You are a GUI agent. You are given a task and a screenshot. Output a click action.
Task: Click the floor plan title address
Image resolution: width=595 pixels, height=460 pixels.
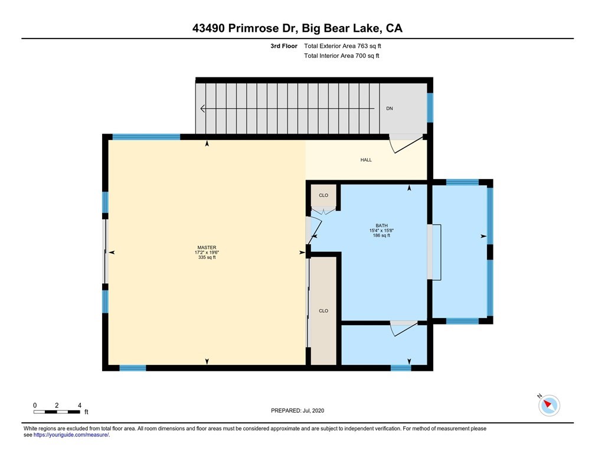coord(297,28)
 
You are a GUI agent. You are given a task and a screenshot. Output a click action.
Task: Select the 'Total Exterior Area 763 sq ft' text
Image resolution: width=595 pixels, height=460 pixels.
coord(346,46)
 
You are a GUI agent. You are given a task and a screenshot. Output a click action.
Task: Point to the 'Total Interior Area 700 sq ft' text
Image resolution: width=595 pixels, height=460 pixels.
coord(341,56)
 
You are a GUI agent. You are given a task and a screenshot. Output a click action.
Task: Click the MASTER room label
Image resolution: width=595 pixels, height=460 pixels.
coord(207,248)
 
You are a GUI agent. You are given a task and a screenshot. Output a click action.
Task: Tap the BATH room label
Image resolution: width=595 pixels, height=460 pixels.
coord(381,225)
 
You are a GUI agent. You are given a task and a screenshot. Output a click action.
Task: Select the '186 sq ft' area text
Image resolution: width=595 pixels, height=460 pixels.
coord(381,235)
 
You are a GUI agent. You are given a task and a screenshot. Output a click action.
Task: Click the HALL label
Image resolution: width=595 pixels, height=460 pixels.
coord(366,160)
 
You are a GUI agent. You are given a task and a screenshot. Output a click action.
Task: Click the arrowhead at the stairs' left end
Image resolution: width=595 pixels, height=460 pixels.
coord(203,109)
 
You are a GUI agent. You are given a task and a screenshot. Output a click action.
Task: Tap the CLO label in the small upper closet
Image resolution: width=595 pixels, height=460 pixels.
coord(323,195)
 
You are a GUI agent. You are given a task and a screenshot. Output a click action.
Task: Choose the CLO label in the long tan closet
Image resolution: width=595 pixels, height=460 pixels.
coord(323,311)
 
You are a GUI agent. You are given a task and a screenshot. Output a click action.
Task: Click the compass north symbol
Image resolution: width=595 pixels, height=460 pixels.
coord(549,405)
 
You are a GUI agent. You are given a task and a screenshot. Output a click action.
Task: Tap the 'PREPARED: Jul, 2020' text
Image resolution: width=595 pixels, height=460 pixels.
coord(297,410)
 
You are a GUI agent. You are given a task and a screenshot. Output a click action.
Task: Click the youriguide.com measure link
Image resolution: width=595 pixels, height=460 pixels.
coord(71,435)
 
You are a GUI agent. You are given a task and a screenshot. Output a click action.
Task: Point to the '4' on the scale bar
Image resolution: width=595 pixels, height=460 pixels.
coord(79,405)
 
